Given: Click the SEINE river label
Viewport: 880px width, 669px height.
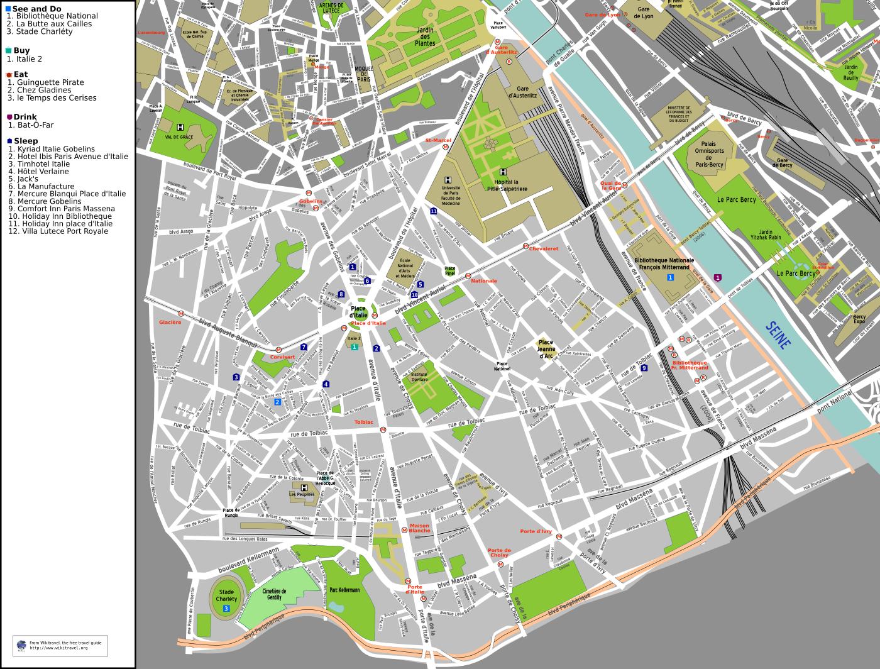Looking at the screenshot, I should pos(779,335).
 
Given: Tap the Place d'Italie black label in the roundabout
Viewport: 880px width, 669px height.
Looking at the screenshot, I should pos(358,311).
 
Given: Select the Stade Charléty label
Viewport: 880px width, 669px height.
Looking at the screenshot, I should pos(226,595).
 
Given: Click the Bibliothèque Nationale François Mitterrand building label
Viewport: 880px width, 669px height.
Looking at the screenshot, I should pos(664,263).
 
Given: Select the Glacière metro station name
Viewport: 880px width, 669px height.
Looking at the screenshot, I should pos(170,322).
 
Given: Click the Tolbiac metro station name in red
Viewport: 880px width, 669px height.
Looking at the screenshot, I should pos(363,422).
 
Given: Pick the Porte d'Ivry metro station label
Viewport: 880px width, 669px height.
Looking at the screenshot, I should pos(536,531).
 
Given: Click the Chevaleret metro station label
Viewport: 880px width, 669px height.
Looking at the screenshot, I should pos(544,248).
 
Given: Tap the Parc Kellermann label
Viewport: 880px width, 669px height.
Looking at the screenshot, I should pos(344,590).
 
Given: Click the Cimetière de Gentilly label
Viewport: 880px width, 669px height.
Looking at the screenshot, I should pos(274,594).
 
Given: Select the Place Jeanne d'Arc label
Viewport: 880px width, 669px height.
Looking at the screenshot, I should pos(546,349).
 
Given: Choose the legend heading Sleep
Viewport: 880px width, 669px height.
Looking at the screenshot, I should pos(26,141).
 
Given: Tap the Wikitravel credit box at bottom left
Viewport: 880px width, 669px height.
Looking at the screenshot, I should pos(60,645).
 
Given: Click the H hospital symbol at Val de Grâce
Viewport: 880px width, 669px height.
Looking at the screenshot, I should pos(180,126).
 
